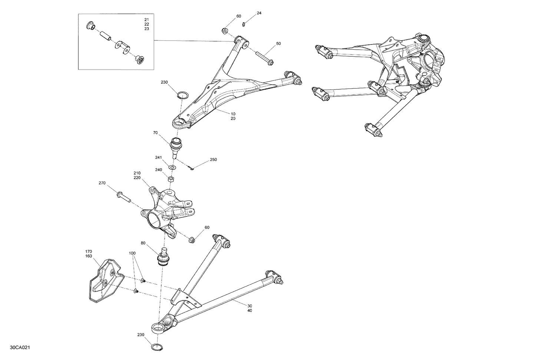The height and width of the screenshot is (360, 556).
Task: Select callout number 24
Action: [x=259, y=13]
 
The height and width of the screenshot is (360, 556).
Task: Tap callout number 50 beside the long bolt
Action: [x=278, y=44]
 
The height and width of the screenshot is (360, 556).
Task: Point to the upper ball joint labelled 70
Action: [x=176, y=146]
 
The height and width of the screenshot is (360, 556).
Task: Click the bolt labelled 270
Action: [x=124, y=197]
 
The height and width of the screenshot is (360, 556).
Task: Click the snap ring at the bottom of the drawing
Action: [x=158, y=347]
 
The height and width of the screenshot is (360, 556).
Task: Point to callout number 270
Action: [x=102, y=183]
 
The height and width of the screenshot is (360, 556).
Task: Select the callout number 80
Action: [x=143, y=244]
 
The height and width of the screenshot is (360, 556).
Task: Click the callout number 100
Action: [x=132, y=253]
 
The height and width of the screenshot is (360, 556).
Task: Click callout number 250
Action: [x=213, y=160]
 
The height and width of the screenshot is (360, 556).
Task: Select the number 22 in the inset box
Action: [x=147, y=24]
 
